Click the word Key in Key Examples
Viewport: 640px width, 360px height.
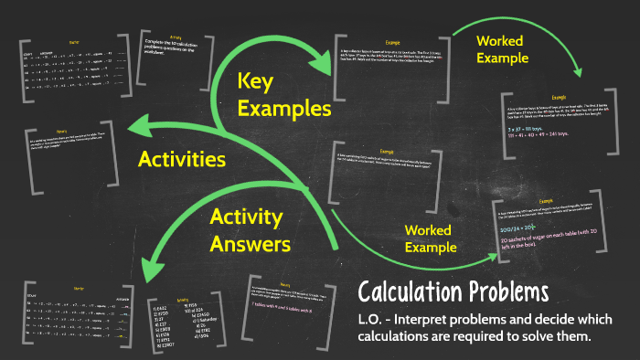pos(256,82)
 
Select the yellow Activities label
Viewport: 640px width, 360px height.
pos(182,160)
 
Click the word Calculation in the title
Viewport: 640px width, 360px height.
pos(410,292)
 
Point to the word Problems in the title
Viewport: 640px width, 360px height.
pos(507,292)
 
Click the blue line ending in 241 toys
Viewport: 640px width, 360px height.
pos(543,142)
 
